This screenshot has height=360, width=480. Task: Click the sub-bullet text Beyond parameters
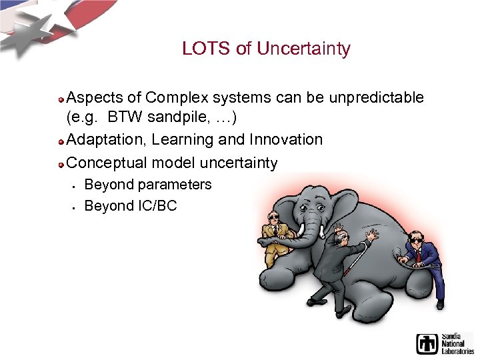[x=147, y=185]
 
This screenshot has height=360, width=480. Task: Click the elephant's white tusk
[x=301, y=230]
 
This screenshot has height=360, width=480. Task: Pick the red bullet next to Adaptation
[x=61, y=141]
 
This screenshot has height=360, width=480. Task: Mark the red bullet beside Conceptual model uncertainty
[x=61, y=164]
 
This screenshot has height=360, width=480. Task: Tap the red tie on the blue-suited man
[x=418, y=255]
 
